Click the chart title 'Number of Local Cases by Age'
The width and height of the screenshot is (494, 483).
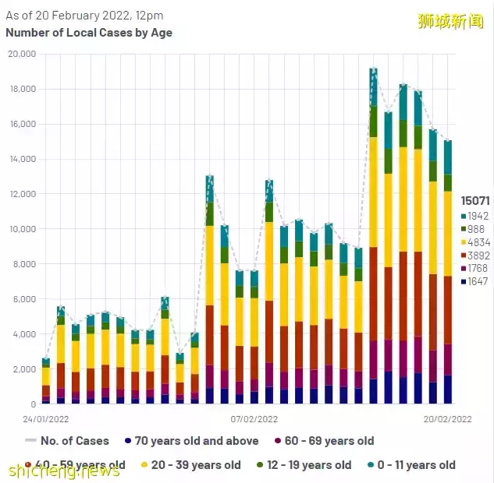(89, 33)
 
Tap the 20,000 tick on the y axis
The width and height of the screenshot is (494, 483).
(22, 54)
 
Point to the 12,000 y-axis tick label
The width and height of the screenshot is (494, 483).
(22, 194)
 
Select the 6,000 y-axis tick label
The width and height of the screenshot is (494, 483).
(23, 299)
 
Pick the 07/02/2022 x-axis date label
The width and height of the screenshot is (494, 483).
(254, 418)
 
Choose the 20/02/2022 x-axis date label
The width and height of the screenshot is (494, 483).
(448, 418)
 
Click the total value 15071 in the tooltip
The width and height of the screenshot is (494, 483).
(474, 201)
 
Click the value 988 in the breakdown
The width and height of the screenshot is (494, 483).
(475, 228)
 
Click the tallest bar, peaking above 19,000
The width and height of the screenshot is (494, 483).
(373, 234)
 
